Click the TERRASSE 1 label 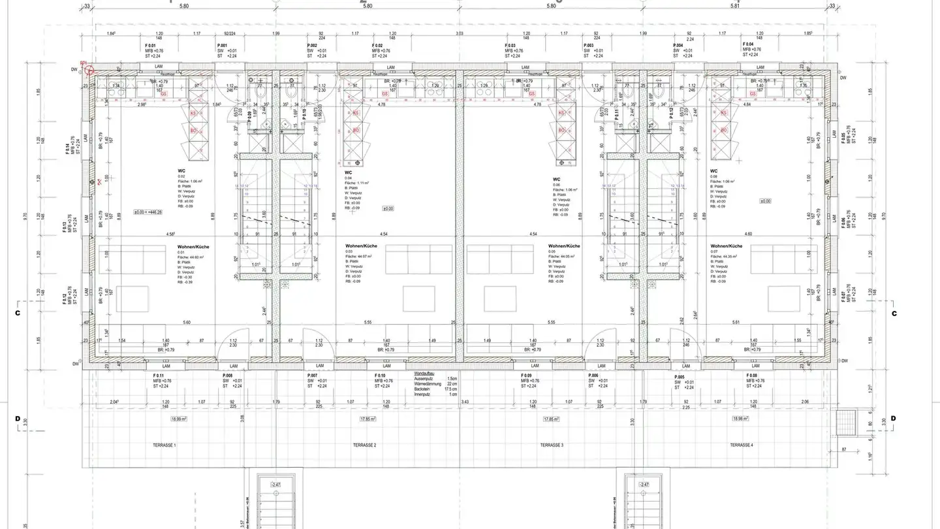coord(164,445)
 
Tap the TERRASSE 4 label coord(741,445)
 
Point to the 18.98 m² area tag coord(741,419)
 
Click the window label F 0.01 coord(151,46)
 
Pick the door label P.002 coord(313,46)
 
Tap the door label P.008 coord(228,376)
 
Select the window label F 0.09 coord(527,376)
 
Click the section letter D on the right coord(893,418)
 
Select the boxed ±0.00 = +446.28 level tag coord(148,212)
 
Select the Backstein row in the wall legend coord(422,389)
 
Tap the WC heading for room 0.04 coord(349,173)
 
